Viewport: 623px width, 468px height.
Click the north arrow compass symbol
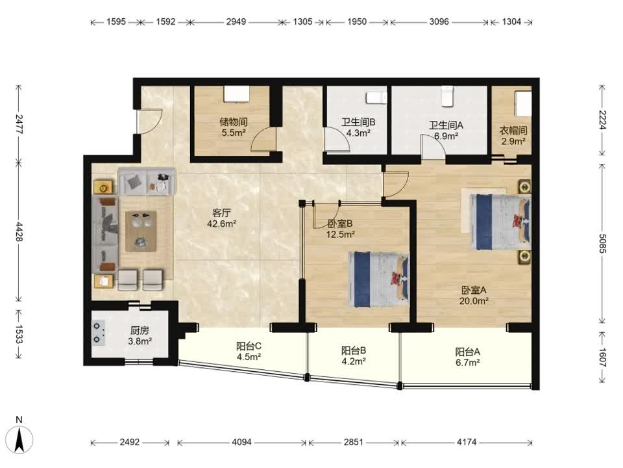[19, 439]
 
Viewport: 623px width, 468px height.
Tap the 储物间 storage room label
[234, 122]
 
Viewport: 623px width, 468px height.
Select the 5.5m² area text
[234, 133]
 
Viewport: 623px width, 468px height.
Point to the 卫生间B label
[358, 122]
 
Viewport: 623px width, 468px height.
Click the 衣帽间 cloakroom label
[513, 130]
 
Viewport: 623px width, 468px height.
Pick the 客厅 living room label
[222, 213]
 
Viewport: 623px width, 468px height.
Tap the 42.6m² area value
[222, 224]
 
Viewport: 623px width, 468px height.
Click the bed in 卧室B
[379, 279]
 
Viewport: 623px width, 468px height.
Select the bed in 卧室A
[500, 222]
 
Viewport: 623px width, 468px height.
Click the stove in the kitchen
[99, 333]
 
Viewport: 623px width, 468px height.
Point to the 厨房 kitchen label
[140, 330]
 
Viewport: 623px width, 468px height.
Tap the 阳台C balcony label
[249, 346]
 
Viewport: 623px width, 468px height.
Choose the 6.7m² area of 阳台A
[468, 363]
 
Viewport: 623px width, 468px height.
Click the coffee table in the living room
[141, 231]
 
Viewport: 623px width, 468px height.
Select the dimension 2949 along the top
[236, 21]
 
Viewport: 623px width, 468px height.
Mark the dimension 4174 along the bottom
[467, 442]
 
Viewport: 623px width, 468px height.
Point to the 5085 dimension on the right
[603, 244]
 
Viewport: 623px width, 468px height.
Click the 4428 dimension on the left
[19, 231]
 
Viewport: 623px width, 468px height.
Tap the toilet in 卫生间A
[448, 96]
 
